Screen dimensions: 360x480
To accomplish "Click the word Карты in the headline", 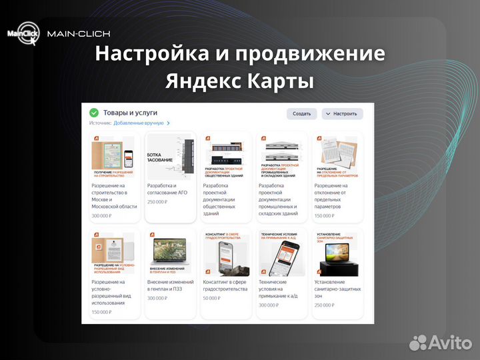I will [x=281, y=82].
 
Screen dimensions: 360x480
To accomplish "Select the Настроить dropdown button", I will [x=342, y=114].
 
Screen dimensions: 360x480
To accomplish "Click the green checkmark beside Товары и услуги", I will [x=94, y=113].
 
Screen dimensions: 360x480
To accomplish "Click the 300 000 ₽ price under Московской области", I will [x=101, y=216].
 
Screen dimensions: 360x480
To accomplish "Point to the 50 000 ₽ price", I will [x=212, y=298].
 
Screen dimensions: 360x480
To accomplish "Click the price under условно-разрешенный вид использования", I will [x=101, y=312].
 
